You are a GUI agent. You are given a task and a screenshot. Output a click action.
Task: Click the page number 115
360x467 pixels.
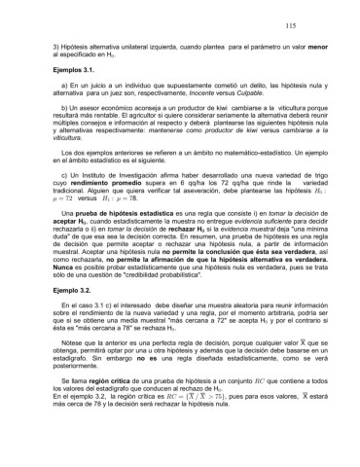pos(318,28)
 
